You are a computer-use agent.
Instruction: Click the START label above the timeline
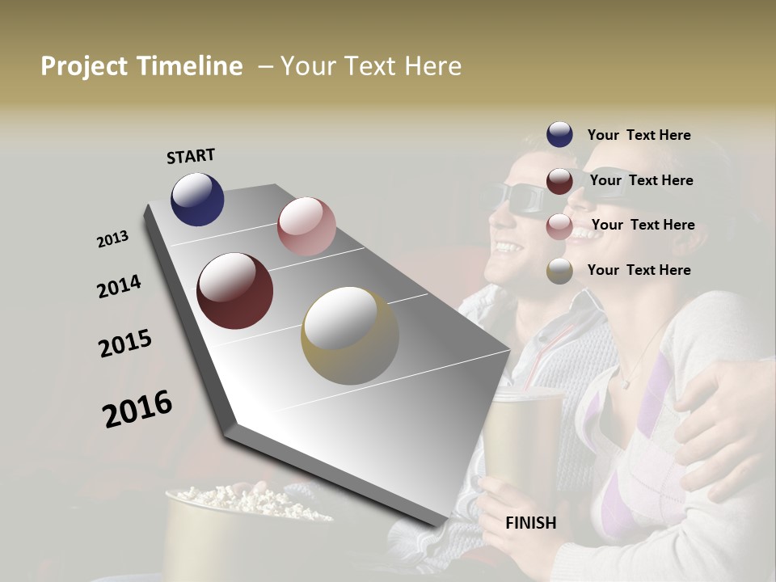click(x=191, y=156)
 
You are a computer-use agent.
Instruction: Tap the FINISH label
click(x=530, y=523)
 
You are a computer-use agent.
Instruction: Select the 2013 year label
click(x=112, y=239)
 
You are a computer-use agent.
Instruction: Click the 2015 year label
click(x=125, y=344)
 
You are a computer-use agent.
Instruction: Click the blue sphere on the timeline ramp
click(x=197, y=199)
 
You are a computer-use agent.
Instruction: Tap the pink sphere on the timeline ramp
click(x=306, y=226)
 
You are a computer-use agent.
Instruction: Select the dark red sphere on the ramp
click(x=234, y=291)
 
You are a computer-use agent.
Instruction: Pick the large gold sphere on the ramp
click(x=350, y=335)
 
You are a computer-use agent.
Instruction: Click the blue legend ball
click(x=559, y=135)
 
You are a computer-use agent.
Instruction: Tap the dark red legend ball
click(x=559, y=180)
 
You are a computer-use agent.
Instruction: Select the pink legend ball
click(x=559, y=226)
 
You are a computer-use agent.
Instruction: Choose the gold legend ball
click(x=559, y=271)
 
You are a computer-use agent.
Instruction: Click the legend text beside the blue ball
click(x=639, y=135)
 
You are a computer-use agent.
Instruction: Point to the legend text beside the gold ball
click(x=639, y=270)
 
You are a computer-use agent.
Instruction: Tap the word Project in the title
click(x=83, y=66)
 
